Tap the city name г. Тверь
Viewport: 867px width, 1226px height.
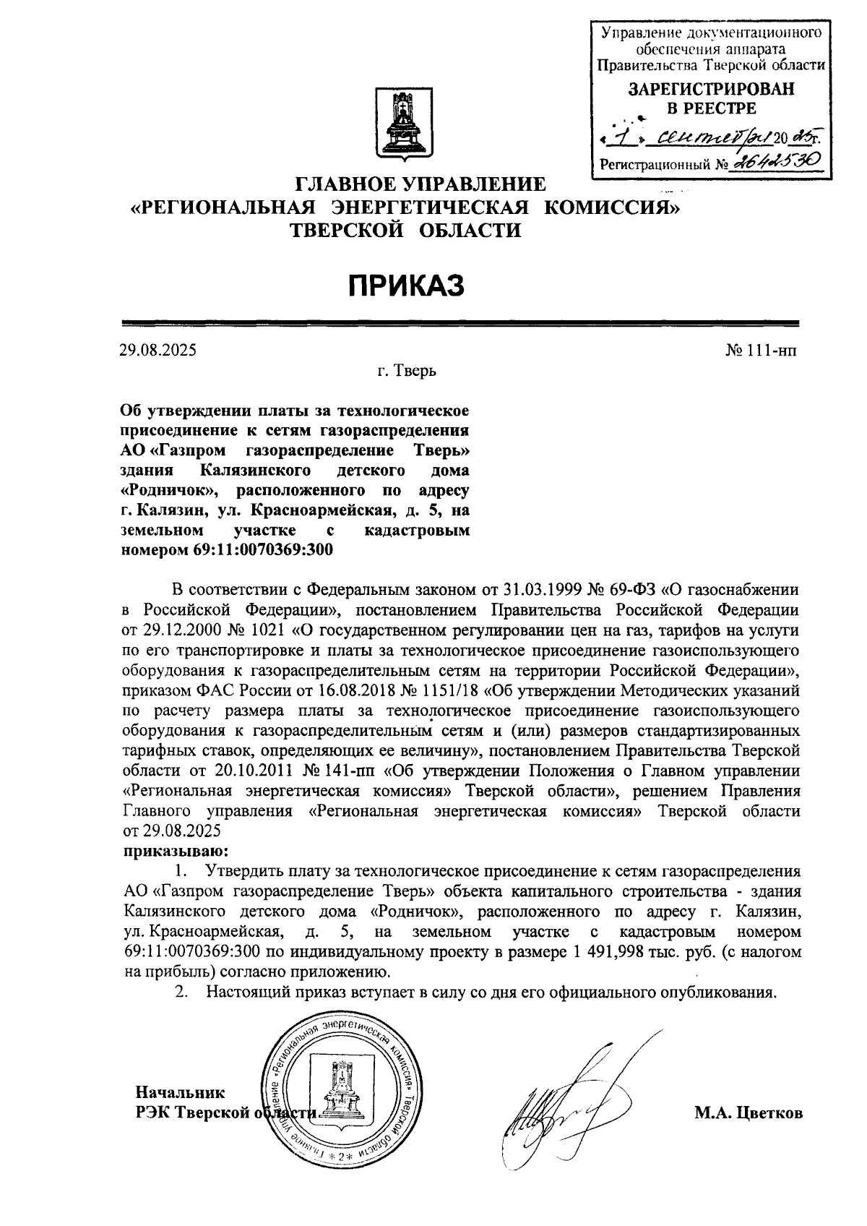click(x=406, y=372)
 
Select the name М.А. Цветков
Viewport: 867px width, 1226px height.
click(x=749, y=1113)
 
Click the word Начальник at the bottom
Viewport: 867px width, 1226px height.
click(x=181, y=1092)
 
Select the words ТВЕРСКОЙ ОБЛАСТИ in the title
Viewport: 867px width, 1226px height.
click(x=405, y=231)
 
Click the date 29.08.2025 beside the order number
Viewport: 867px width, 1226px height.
click(x=158, y=351)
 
